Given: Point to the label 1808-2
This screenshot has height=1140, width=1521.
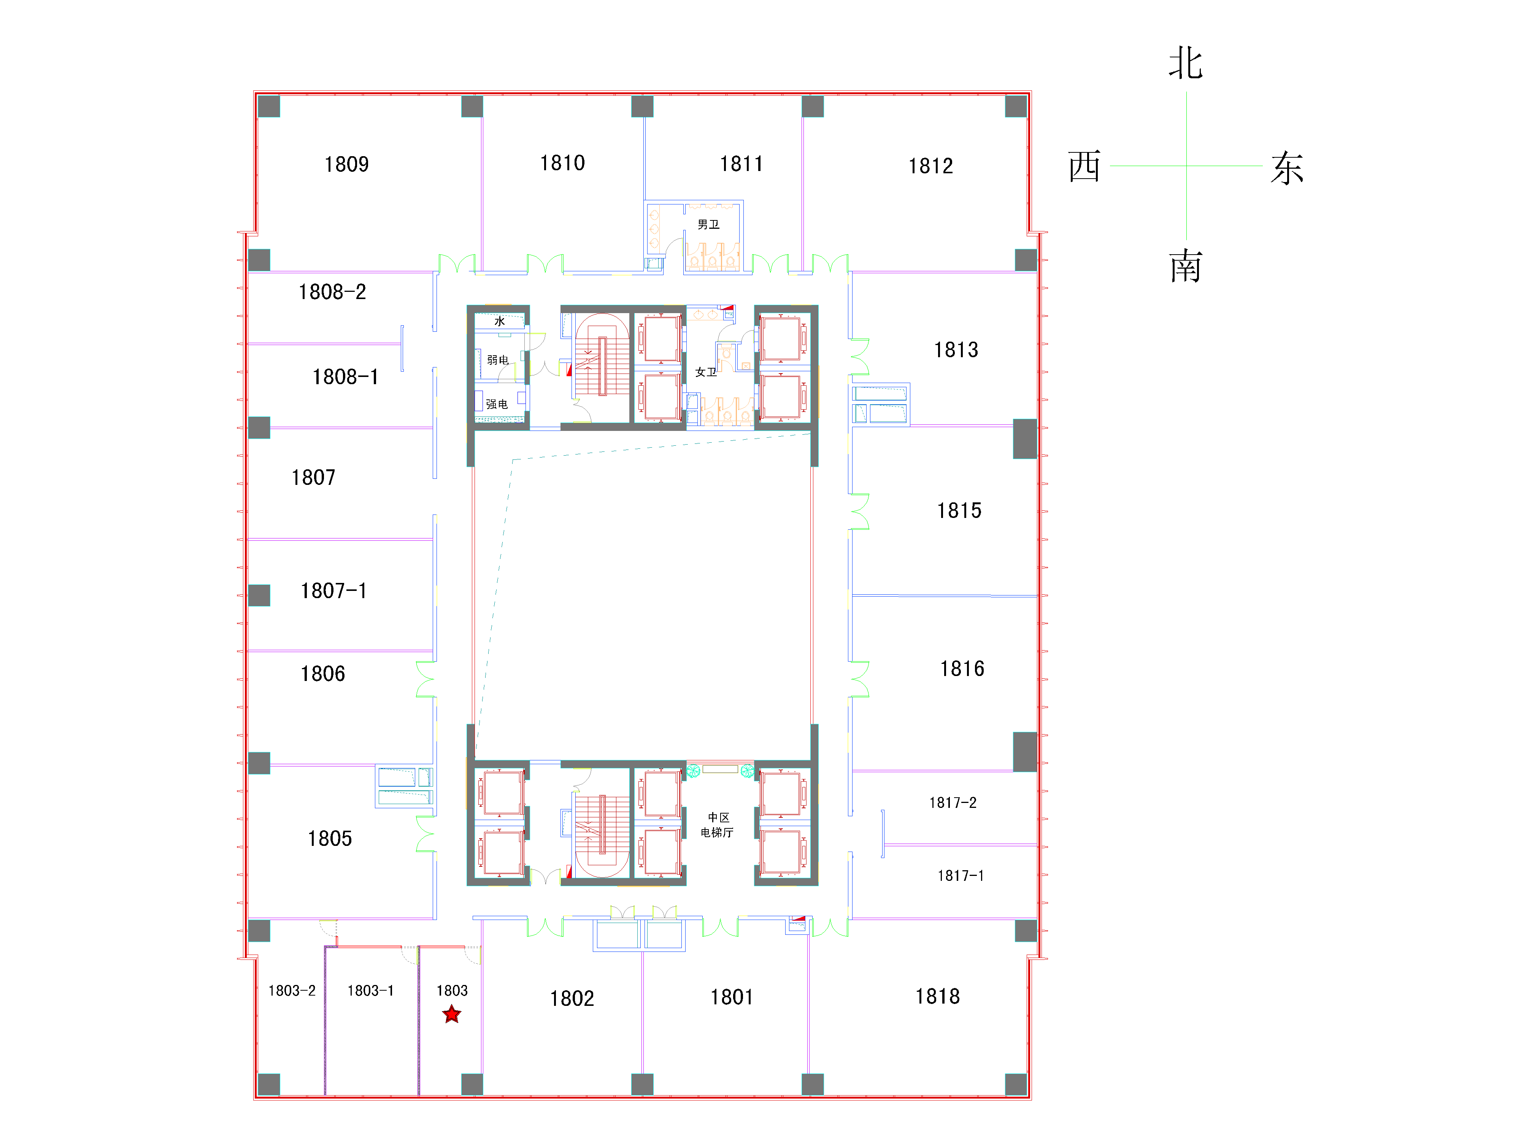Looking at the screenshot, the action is [332, 292].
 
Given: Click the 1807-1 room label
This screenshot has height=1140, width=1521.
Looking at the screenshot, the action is [333, 591].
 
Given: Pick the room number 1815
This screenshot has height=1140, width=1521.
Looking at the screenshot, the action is [959, 511].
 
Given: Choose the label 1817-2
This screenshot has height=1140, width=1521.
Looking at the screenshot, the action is [953, 803].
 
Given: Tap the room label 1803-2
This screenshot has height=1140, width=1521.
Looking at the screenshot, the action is [292, 991].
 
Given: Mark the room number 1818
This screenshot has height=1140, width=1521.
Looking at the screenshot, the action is [937, 996].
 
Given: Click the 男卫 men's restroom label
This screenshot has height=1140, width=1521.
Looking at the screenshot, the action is [708, 225].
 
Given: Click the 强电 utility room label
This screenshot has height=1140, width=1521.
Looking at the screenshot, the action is [497, 404].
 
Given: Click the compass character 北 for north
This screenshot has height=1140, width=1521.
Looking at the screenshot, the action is [1186, 63].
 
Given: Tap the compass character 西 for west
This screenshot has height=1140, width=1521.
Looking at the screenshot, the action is [1084, 166].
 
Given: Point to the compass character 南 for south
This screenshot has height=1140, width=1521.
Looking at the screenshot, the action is [1186, 267].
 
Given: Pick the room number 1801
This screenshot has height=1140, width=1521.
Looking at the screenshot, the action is [732, 997].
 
